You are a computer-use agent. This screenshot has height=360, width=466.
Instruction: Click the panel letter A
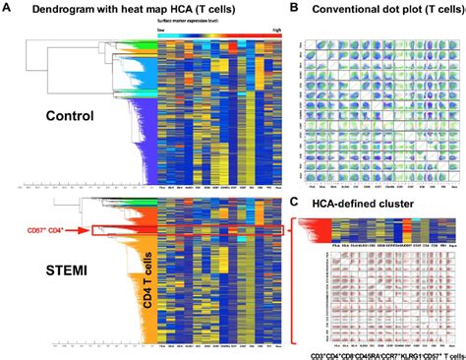point(7,8)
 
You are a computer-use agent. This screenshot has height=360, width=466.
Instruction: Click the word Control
point(73,115)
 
